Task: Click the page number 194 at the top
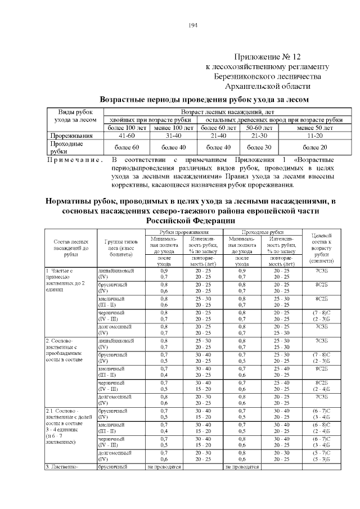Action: coord(192,25)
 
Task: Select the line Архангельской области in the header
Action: coord(268,87)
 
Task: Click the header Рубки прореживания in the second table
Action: coord(183,232)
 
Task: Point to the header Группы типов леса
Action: coord(120,247)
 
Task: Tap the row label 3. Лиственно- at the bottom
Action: coord(64,467)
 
